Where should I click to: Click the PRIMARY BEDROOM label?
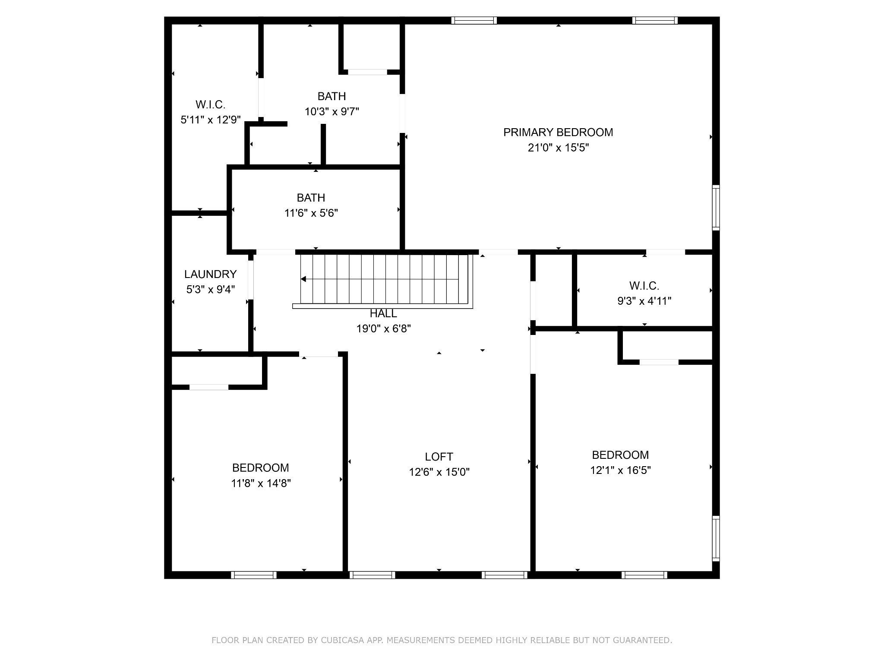558,133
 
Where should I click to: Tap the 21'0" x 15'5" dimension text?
558,148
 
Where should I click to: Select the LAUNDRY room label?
210,274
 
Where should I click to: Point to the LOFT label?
439,457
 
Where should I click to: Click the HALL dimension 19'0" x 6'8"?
383,329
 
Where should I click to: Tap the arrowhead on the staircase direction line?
303,279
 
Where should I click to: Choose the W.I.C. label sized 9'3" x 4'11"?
644,286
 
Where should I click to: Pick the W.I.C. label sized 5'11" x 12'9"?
210,104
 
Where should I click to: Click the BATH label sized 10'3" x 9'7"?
331,96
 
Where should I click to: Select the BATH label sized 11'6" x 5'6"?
311,198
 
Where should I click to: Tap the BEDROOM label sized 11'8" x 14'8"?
260,468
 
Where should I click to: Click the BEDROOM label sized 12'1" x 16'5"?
620,455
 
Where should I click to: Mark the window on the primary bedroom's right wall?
716,207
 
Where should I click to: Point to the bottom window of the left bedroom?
254,575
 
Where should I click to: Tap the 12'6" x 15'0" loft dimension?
439,472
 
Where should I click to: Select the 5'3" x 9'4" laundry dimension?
210,290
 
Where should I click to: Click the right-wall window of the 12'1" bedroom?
716,538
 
